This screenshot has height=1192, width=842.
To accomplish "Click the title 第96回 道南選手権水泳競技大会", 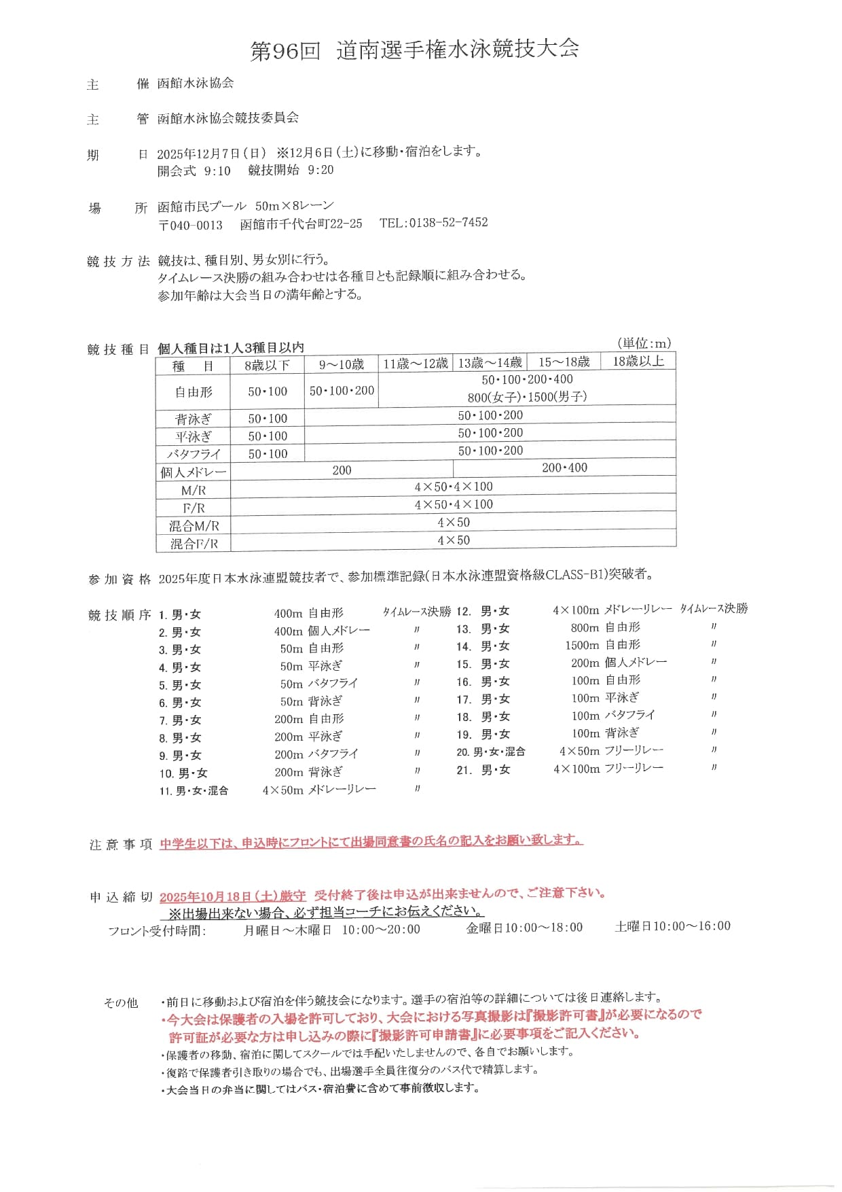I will tap(414, 50).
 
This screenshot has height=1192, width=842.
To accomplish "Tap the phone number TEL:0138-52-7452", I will tap(433, 223).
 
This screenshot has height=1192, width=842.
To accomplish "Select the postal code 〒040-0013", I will tap(190, 225).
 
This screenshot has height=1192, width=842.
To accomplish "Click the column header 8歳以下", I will tap(267, 366).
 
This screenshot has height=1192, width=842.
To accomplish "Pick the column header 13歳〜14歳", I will tap(490, 363).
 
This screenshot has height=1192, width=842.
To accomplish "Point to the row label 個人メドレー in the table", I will tap(193, 472).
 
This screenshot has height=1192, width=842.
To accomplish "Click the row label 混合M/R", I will tap(194, 525).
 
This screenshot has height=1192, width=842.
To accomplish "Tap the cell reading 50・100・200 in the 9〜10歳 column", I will tap(342, 391).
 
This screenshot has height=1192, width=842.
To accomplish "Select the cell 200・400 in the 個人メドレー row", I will tap(564, 468).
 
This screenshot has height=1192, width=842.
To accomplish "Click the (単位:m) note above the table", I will tap(644, 343).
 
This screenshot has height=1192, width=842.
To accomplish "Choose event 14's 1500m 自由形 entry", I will tap(602, 645).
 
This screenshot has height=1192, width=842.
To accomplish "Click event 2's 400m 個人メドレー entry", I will tap(322, 631).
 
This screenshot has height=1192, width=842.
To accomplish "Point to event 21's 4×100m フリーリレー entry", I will tap(608, 769).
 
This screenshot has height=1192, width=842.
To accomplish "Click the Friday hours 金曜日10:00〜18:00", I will tap(524, 928).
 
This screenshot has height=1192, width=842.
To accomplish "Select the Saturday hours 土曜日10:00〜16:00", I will tap(672, 926).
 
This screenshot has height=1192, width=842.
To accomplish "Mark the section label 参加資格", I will tap(120, 579).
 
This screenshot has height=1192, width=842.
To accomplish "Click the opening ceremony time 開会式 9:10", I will tap(194, 171).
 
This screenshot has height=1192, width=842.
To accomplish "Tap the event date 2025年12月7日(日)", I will tap(211, 153).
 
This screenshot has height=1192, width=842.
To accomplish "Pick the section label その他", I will tap(120, 1002).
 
